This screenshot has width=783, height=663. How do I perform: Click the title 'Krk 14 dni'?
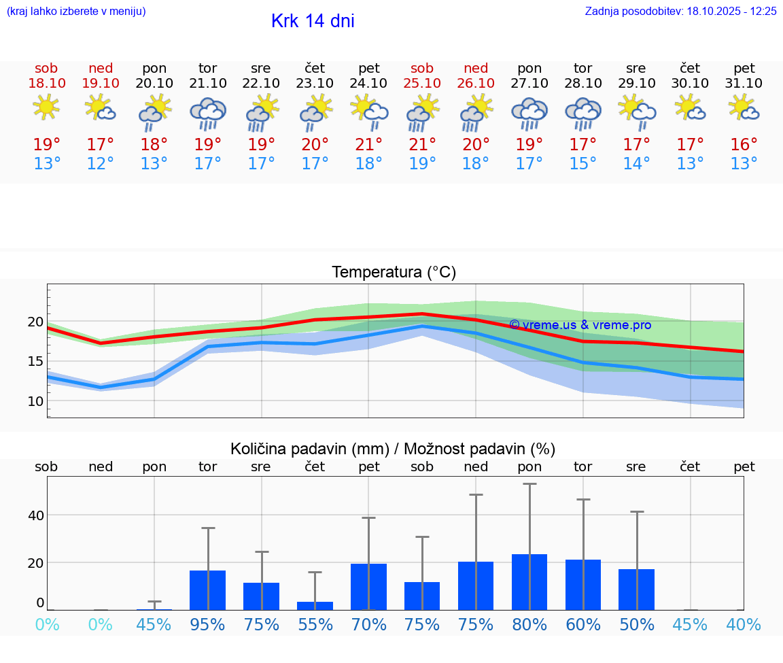coord(313,21)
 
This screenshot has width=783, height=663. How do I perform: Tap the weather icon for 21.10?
coord(208,113)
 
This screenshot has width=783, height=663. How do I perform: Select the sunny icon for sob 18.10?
coord(46,107)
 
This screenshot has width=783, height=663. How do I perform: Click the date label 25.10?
coord(422,84)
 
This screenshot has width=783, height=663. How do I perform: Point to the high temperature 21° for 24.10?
coord(368,144)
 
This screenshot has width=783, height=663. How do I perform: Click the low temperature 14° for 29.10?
coord(637,164)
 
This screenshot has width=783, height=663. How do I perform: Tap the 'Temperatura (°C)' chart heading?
coord(394,272)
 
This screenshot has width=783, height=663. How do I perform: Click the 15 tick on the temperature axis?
coord(35,361)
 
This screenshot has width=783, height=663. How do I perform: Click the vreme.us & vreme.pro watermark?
coord(580,325)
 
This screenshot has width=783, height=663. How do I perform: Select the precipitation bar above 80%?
coord(529,582)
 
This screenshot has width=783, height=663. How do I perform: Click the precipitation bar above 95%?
coord(207,590)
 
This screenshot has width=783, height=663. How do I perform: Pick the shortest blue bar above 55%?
coord(315,605)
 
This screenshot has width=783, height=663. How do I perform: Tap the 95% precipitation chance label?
coord(207,624)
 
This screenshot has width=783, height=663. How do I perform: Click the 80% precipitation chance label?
coord(529,624)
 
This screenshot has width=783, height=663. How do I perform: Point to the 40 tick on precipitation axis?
coord(35,515)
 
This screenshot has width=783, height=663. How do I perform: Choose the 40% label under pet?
coord(744,624)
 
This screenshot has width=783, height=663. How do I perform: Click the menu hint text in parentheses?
coord(76,11)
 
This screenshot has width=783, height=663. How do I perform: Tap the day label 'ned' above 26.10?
coord(476,68)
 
